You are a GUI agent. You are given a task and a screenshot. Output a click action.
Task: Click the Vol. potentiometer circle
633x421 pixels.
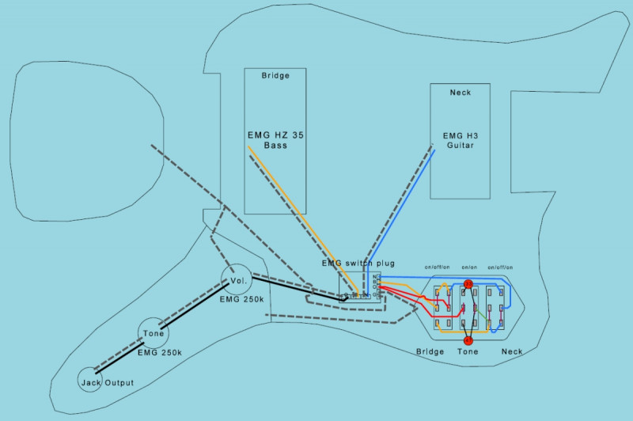pos(238,279)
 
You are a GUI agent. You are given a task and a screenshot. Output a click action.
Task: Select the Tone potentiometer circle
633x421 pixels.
pos(154,334)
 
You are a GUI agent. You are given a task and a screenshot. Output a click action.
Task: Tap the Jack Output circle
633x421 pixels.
pos(91,381)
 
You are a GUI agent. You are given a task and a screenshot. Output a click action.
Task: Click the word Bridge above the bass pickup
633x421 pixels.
pos(275,76)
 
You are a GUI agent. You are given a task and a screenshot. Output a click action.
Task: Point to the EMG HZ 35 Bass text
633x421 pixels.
pos(275,141)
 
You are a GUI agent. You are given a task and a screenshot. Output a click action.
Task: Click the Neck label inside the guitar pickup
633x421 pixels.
pos(460,93)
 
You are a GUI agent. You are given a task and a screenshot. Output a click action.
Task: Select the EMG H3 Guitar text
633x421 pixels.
pos(460,141)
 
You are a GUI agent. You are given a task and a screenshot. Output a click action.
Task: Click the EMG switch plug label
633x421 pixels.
pos(358,264)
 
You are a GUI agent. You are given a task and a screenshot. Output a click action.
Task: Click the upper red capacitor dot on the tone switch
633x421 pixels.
pos(468,283)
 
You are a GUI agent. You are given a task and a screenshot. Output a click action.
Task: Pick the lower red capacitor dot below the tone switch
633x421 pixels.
pos(468,340)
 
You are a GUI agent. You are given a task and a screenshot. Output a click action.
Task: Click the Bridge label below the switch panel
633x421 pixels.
pos(430,351)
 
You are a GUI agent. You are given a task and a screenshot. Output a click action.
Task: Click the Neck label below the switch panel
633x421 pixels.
pos(512,351)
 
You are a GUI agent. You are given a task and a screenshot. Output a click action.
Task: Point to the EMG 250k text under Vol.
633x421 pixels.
pos(242,300)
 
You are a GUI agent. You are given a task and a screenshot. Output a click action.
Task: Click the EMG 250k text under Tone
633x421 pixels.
pos(160,352)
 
